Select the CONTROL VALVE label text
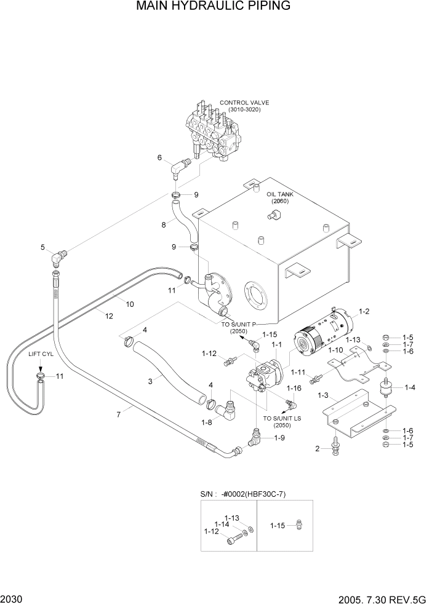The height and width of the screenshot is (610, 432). pyautogui.click(x=244, y=103)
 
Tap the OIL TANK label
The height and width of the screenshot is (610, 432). pyautogui.click(x=280, y=194)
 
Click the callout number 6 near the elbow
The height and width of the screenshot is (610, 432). pyautogui.click(x=159, y=157)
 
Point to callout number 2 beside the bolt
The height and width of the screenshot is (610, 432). pyautogui.click(x=318, y=449)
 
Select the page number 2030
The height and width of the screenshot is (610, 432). pyautogui.click(x=11, y=599)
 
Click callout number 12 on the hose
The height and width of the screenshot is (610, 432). pyautogui.click(x=108, y=315)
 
